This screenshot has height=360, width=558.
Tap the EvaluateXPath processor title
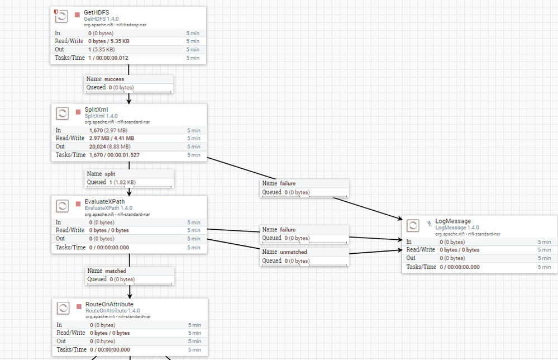(x=104, y=201)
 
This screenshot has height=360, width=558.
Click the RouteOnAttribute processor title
(x=109, y=304)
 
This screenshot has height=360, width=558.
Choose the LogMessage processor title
(x=453, y=221)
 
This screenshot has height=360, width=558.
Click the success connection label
(x=114, y=79)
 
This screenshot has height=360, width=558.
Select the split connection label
(x=110, y=174)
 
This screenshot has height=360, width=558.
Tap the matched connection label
(x=116, y=271)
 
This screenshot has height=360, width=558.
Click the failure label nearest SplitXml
(x=287, y=183)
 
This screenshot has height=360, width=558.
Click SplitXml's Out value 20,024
(x=98, y=146)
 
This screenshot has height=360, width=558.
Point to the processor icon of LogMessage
(x=413, y=226)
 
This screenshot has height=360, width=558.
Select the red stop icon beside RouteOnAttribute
(x=79, y=307)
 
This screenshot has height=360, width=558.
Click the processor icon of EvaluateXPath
(x=63, y=206)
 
